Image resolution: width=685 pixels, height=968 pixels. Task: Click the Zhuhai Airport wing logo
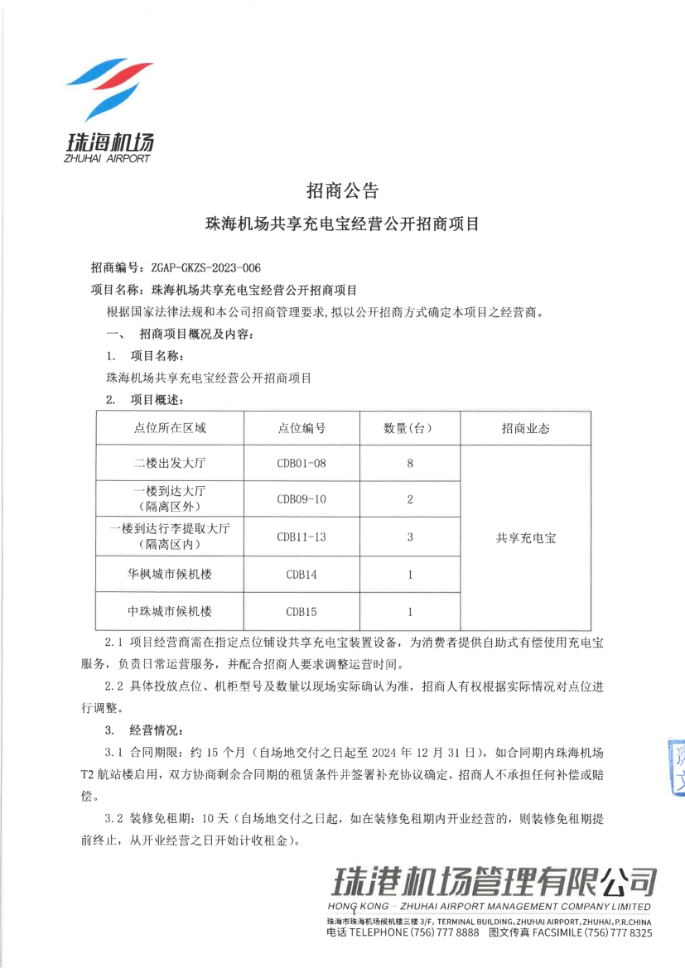[x=108, y=92]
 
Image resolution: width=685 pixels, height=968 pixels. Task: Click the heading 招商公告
[x=342, y=191]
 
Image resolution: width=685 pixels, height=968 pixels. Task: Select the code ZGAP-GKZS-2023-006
[x=206, y=267]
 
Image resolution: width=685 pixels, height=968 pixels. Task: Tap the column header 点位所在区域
[x=170, y=428]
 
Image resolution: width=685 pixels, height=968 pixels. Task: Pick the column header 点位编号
[x=301, y=428]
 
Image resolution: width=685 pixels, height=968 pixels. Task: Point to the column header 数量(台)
[x=410, y=428]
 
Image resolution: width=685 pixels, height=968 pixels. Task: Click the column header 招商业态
[x=525, y=428]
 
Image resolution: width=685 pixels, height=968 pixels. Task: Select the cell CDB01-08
[x=301, y=463]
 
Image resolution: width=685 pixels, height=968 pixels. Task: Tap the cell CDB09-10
[x=301, y=499]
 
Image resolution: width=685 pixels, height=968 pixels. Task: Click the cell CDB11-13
[x=301, y=537]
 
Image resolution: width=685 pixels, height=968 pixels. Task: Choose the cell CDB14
[x=301, y=574]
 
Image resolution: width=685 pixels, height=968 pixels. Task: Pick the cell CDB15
[x=301, y=612]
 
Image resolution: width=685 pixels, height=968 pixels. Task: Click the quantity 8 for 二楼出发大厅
[x=410, y=463]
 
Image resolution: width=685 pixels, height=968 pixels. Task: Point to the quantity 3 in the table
[x=410, y=537]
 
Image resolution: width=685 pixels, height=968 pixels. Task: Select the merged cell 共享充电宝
[x=525, y=537]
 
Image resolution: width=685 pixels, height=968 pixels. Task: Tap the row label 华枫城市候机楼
[x=170, y=574]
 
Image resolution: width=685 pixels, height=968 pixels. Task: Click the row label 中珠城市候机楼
[x=170, y=612]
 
